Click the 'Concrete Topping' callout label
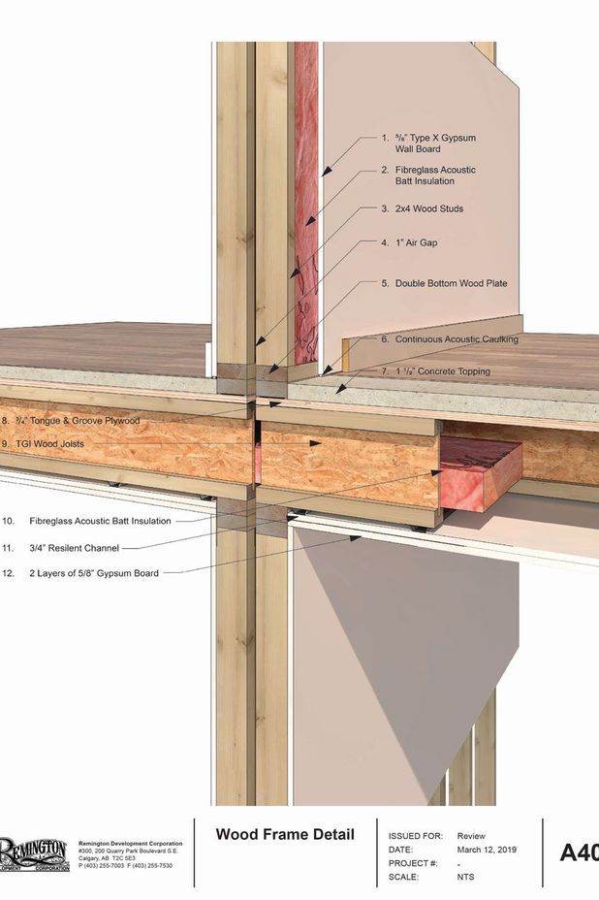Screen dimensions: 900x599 pos(442,371)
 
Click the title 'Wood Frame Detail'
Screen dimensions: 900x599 pos(285,834)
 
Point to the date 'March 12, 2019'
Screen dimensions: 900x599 pos(487,850)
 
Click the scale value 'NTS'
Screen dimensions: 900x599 pos(466,877)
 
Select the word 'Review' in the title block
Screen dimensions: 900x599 pos(471,836)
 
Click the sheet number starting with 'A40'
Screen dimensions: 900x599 pos(579,852)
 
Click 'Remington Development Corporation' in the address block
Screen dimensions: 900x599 pos(130,844)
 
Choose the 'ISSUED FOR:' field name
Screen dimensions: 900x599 pos(415,836)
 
